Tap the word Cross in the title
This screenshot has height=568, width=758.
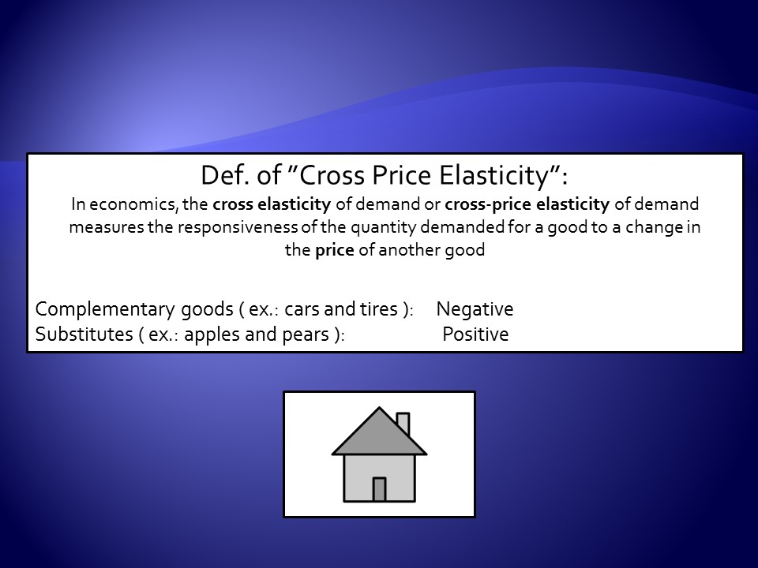[332, 175]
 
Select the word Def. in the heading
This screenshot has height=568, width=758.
[225, 175]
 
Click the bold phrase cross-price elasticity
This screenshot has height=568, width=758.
[527, 204]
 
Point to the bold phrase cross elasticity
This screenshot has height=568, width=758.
[272, 204]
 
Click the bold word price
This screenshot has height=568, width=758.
[335, 251]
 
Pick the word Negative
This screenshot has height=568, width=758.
[475, 309]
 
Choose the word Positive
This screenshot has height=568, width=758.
[475, 334]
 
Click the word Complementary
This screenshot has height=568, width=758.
[105, 309]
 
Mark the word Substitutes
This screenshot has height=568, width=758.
[84, 334]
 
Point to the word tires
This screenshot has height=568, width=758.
[378, 309]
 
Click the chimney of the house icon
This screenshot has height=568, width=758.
[403, 423]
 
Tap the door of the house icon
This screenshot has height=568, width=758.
[380, 489]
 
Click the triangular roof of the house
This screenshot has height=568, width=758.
[380, 437]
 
